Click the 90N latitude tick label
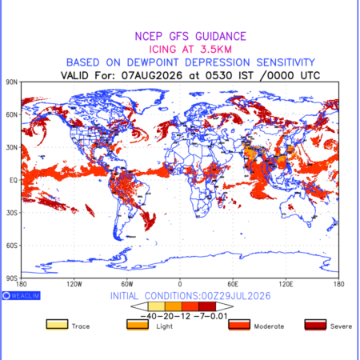click(x=12, y=82)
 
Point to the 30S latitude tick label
click(x=12, y=213)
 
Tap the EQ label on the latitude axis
click(x=14, y=180)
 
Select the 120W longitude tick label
click(x=74, y=284)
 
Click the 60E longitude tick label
click(x=233, y=284)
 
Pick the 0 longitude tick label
click(x=180, y=284)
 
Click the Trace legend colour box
click(x=57, y=325)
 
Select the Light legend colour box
click(x=138, y=325)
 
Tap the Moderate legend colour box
click(x=239, y=325)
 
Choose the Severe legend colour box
click(x=315, y=325)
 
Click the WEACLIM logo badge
click(x=22, y=295)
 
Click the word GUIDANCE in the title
click(x=221, y=36)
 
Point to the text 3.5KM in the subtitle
click(x=216, y=50)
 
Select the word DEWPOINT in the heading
click(x=153, y=62)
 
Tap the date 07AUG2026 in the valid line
click(x=152, y=75)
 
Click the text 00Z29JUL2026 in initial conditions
click(x=236, y=296)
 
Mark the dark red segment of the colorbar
click(x=207, y=306)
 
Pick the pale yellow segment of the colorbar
click(x=157, y=306)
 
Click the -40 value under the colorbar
click(x=149, y=317)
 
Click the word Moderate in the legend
click(x=269, y=326)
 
